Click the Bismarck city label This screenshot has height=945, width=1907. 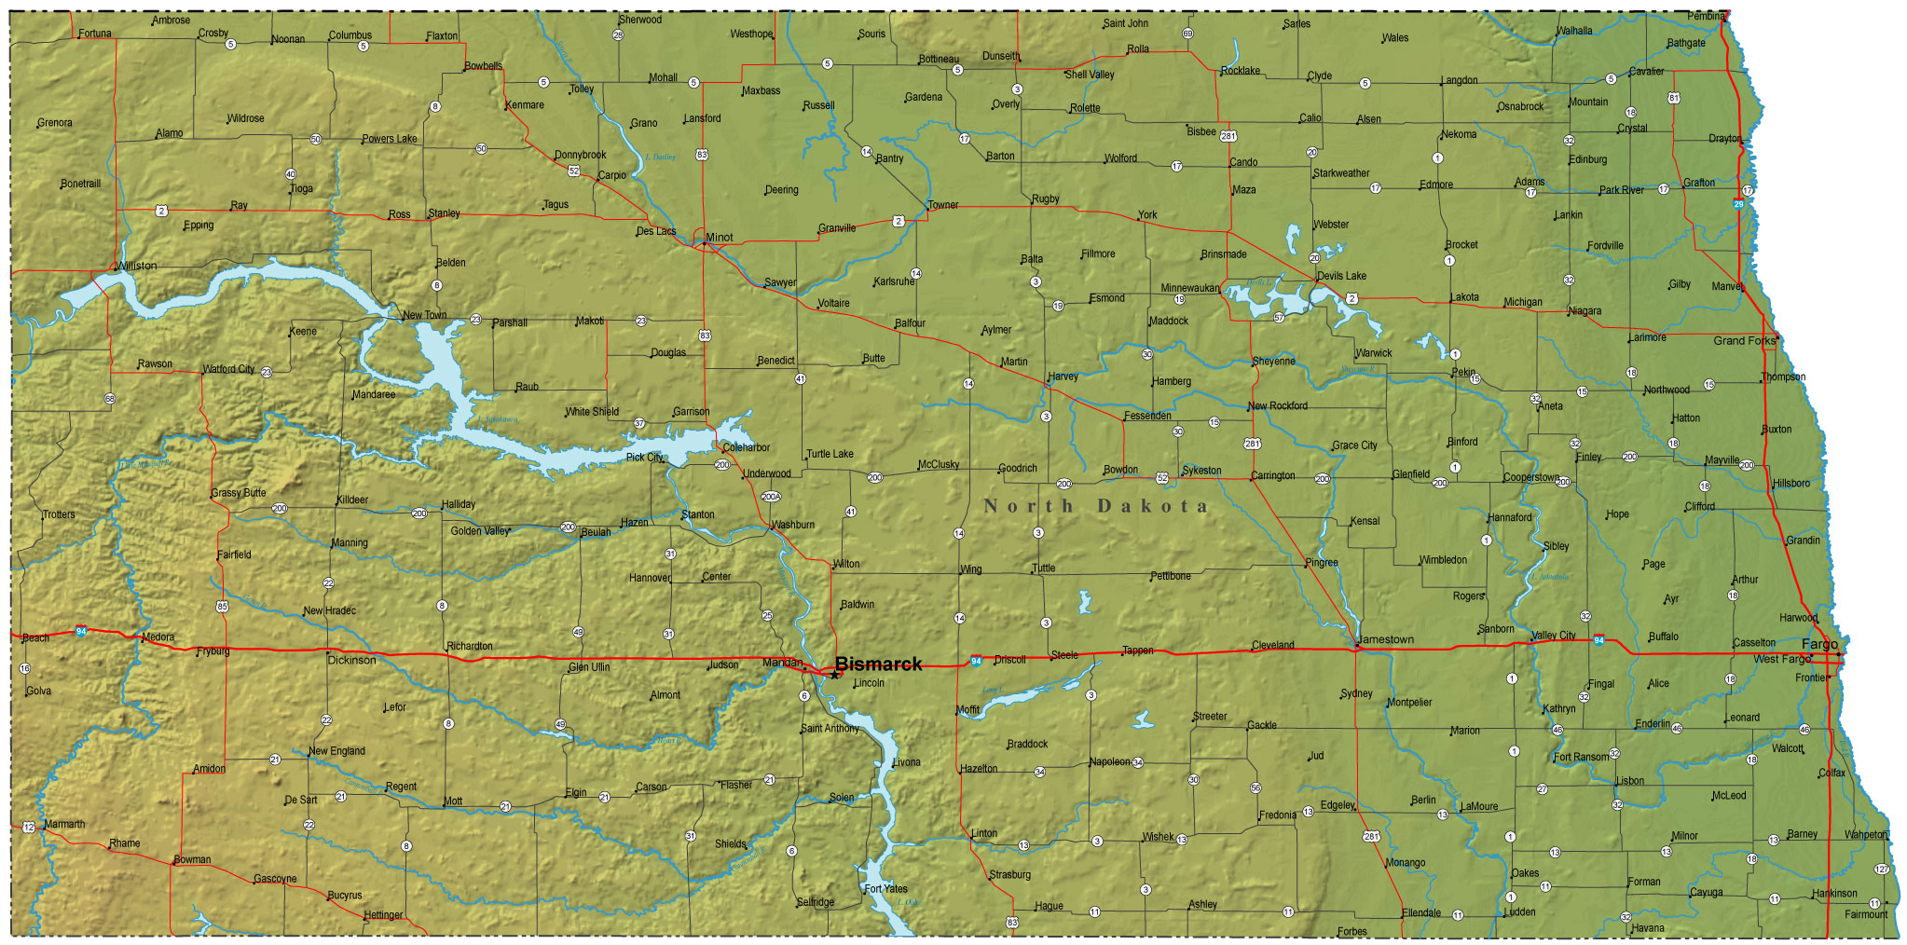click(x=877, y=664)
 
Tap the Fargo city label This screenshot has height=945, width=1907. click(x=1819, y=644)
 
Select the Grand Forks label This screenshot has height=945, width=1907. click(x=1744, y=340)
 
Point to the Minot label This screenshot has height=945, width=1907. click(x=719, y=237)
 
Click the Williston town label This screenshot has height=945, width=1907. click(x=137, y=266)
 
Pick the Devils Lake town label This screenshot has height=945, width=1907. click(x=1341, y=276)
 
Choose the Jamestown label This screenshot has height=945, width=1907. click(x=1386, y=639)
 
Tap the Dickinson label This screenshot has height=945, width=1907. click(x=351, y=660)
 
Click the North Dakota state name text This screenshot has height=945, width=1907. click(x=1095, y=506)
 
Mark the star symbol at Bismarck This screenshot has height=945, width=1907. click(x=835, y=674)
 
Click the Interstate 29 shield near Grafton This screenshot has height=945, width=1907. click(x=1738, y=203)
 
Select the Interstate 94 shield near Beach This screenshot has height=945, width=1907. click(x=82, y=631)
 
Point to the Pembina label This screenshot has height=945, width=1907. click(x=1706, y=16)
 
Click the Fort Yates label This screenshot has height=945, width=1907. click(x=885, y=888)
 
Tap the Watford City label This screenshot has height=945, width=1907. click(x=228, y=369)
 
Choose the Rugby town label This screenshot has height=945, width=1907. click(x=1045, y=199)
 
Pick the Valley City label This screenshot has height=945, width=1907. click(x=1553, y=635)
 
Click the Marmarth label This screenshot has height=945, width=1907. click(x=64, y=824)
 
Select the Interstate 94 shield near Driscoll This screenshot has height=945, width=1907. click(x=976, y=661)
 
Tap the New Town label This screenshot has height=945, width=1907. click(x=424, y=315)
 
